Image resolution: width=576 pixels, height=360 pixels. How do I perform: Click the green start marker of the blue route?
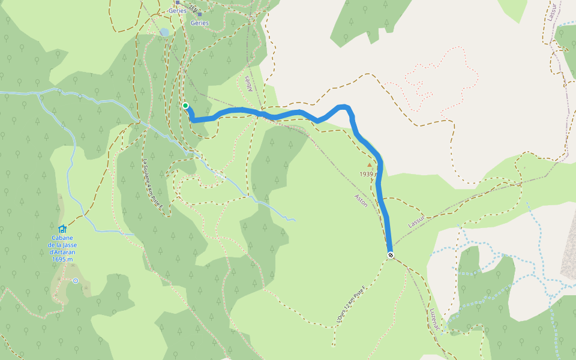coord(185,106)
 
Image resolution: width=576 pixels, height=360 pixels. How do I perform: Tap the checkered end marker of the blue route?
coord(391,255)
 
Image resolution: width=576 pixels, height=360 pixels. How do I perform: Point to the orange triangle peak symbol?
coord(370,164)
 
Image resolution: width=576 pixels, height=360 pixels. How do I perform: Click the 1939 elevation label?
coord(367,174)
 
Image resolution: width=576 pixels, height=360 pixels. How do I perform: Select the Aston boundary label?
coord(361,200)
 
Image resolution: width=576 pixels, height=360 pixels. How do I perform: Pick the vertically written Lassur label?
coord(553,11)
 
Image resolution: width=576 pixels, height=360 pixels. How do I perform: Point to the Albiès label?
coord(250,83)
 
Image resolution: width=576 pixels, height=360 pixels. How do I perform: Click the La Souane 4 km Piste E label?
coord(153,183)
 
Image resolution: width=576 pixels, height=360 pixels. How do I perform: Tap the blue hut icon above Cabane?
coord(62,229)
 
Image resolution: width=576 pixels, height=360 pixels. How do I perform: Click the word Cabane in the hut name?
coord(62,238)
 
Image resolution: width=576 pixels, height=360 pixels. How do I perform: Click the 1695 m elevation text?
coord(62,259)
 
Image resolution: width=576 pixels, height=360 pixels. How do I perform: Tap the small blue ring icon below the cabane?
coord(76,280)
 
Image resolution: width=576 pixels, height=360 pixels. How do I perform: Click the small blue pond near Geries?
coord(164,32)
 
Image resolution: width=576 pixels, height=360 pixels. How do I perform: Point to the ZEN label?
coord(193,9)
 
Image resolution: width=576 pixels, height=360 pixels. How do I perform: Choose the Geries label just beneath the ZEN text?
coord(200,23)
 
